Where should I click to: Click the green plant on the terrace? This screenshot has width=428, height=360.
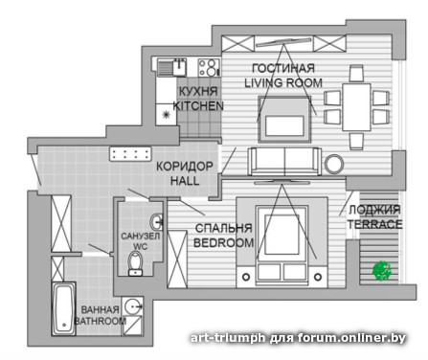382,271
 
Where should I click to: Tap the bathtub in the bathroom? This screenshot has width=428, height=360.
63,308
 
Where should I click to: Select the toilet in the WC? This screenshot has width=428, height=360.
135,263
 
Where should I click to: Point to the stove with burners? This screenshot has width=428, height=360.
209,68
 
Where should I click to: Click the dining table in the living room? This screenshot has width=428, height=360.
356,107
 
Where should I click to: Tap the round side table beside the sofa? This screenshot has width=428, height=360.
334,164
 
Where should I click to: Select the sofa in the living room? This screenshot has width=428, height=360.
284,162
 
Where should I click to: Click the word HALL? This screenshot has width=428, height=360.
185,181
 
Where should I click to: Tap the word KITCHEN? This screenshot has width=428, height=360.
198,106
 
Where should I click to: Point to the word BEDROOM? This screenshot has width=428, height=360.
224,243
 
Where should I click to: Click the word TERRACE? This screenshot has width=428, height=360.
374,224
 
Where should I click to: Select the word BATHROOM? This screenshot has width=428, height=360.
101,321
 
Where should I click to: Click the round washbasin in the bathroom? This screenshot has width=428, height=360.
132,306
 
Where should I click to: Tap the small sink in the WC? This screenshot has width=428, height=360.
157,221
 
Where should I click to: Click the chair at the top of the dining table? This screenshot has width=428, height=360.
356,73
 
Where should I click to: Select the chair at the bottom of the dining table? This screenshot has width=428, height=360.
356,141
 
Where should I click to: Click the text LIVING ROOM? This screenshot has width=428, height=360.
283,83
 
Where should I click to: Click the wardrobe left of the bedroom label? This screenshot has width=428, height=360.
177,259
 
